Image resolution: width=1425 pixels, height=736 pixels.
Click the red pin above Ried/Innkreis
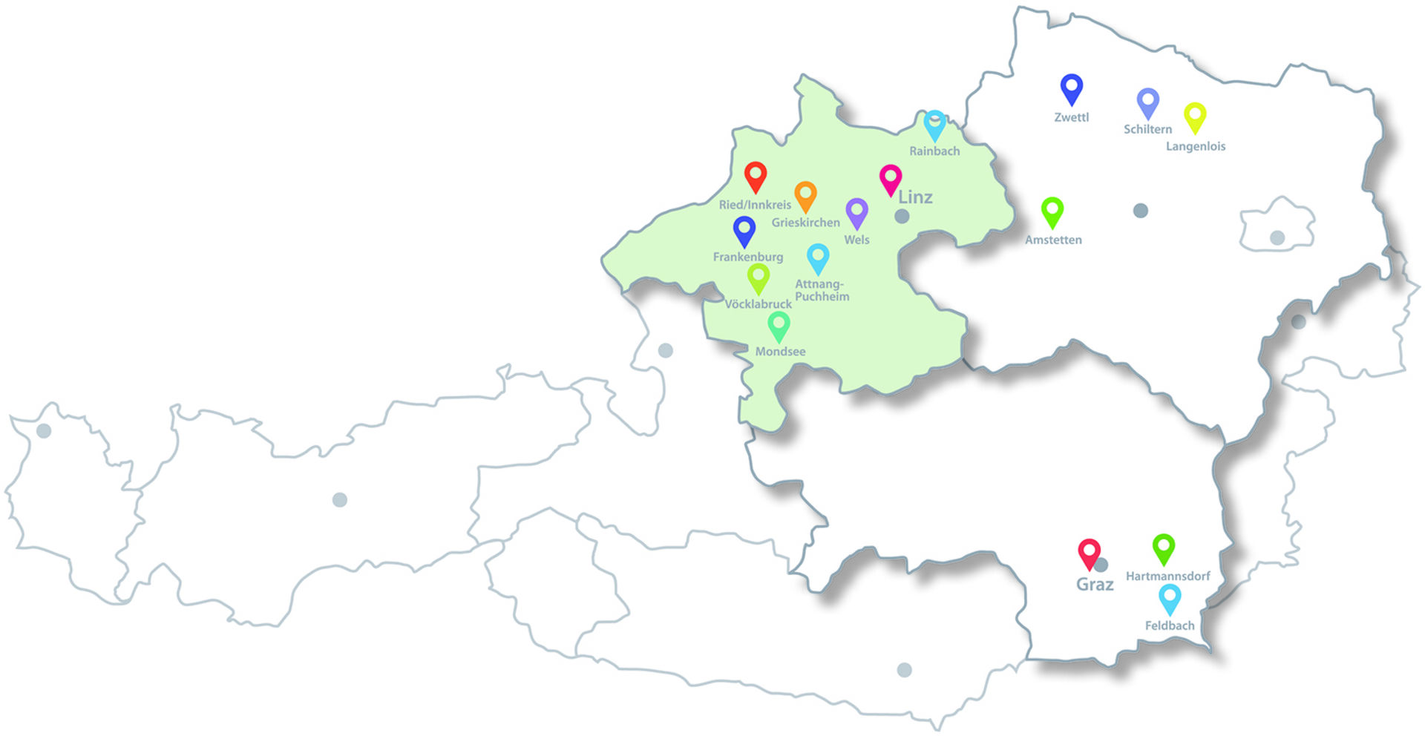point(756,177)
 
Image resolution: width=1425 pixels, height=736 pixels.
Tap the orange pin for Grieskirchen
point(805,195)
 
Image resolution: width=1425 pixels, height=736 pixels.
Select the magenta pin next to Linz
point(891,179)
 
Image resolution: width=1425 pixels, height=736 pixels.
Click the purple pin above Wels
point(856,212)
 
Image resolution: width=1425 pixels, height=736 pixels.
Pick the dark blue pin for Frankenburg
point(744,230)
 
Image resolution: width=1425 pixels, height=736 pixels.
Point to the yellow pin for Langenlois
point(1195,116)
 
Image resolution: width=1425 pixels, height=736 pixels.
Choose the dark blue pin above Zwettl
point(1071,88)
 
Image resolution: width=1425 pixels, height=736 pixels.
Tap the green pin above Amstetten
point(1052,211)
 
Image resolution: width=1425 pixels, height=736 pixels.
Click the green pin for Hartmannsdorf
point(1164,548)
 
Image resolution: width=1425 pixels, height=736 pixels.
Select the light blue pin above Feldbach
point(1170,598)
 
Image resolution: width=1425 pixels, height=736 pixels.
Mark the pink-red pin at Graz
point(1089,553)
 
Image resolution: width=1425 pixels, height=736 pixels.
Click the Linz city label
point(915,197)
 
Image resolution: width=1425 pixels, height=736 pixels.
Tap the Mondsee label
point(780,352)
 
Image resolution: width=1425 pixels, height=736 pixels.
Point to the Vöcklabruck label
point(758,304)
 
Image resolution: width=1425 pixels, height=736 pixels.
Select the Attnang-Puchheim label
point(822,290)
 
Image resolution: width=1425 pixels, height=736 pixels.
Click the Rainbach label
point(934,151)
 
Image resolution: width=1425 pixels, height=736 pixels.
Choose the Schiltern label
point(1147,129)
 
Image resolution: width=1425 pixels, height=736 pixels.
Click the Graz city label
point(1095,585)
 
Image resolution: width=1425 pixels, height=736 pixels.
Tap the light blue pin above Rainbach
point(934,125)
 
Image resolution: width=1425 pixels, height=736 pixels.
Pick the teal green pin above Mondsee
point(779,325)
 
